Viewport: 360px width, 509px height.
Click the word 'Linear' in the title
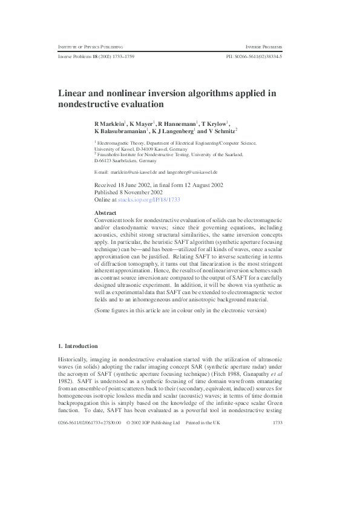coord(73,93)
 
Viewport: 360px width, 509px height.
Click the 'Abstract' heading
coord(106,214)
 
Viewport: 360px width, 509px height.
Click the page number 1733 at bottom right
coord(278,474)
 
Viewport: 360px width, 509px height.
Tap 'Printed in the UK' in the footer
coord(203,474)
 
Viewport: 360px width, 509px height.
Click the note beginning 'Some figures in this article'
coord(179,310)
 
